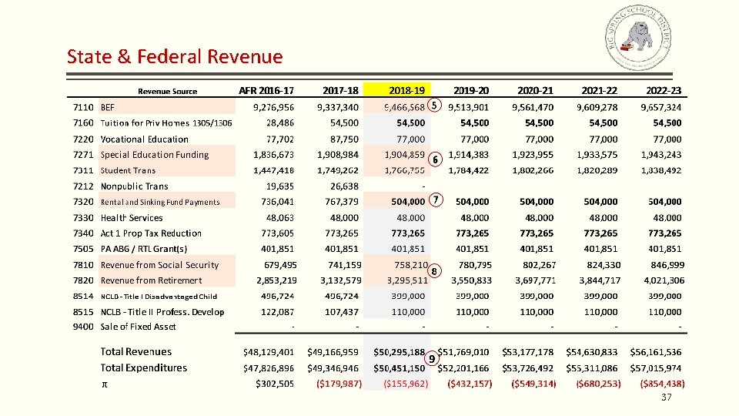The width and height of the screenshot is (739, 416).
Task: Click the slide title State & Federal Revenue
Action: tap(175, 56)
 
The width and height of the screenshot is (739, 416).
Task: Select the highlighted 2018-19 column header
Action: tap(406, 90)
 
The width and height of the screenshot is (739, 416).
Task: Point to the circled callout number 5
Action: tap(434, 105)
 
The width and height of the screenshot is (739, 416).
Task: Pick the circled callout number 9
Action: tap(432, 358)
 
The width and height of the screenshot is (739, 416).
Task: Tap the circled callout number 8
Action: tap(435, 271)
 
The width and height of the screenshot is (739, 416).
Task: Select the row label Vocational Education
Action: tap(145, 139)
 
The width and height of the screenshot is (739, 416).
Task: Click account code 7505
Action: tap(82, 249)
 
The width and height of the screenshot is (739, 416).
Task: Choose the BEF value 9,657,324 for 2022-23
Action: tap(654, 107)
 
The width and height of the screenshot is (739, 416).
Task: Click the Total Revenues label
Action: tap(136, 352)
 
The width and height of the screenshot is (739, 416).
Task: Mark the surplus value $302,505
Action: tap(274, 384)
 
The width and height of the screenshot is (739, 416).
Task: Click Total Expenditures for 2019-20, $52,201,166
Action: tap(464, 368)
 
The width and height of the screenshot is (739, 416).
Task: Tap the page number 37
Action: tap(667, 398)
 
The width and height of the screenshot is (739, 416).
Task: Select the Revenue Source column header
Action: tap(167, 92)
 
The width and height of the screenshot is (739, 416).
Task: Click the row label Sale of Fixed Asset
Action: tap(139, 327)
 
